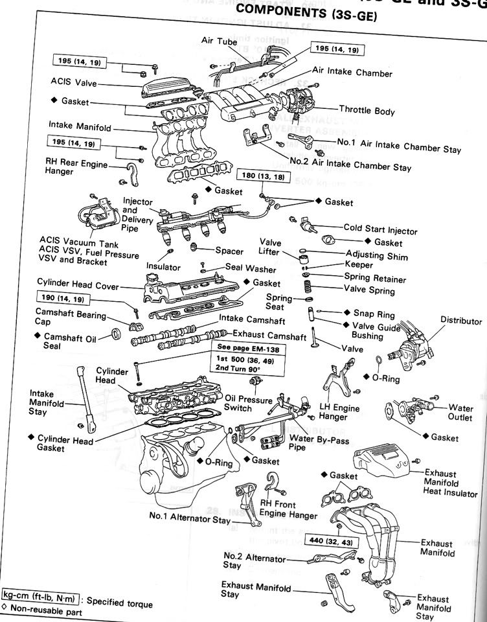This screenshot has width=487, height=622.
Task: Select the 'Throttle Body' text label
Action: click(x=367, y=111)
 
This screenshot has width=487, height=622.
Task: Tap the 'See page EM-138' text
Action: click(x=243, y=347)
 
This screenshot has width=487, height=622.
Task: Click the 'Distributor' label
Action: click(x=461, y=321)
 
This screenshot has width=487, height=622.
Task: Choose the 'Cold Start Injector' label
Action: click(x=380, y=230)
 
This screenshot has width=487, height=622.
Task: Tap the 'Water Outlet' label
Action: click(x=460, y=413)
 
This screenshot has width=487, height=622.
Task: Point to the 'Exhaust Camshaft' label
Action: click(x=269, y=337)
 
